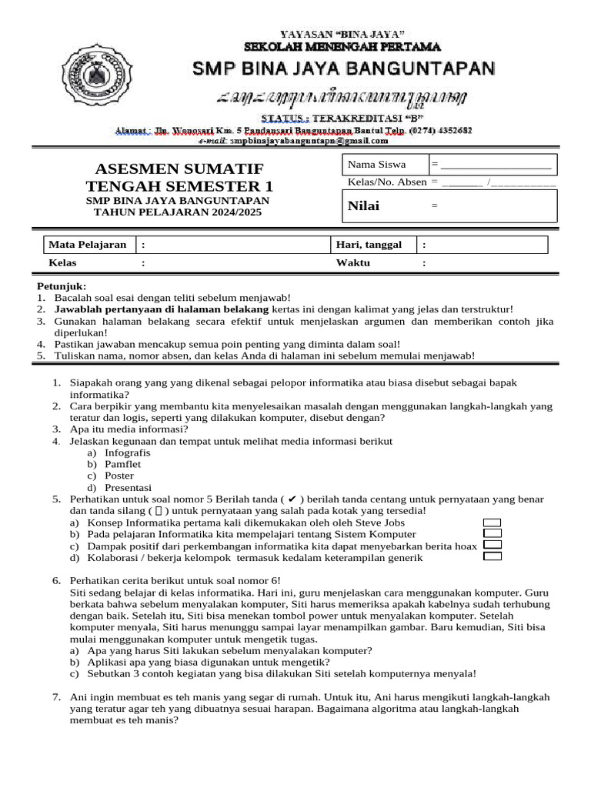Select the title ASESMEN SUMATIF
click(179, 169)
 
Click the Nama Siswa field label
click(376, 165)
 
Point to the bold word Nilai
click(364, 205)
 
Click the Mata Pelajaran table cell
click(88, 245)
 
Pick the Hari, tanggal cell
click(369, 245)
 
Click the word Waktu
click(353, 262)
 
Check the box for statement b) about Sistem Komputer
click(492, 533)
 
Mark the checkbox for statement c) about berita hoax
click(492, 545)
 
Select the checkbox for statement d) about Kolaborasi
click(492, 556)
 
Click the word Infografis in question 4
click(127, 453)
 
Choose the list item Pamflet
click(122, 465)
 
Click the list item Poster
click(119, 476)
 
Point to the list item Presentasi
click(128, 488)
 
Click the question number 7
click(56, 696)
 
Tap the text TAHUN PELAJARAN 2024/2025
click(179, 212)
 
